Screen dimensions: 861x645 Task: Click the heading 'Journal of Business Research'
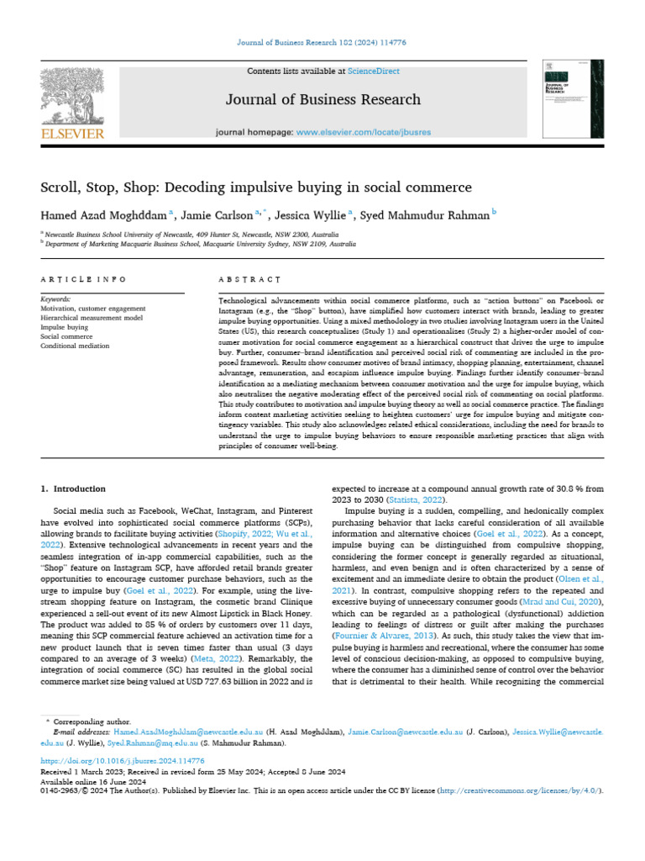coord(323,100)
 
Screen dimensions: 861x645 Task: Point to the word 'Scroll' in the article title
coord(60,187)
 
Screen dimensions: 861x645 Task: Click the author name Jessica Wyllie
coord(317,215)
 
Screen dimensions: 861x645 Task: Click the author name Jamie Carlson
coord(225,215)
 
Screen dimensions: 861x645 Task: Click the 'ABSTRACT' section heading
coord(249,278)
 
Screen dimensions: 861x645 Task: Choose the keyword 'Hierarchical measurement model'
coord(92,317)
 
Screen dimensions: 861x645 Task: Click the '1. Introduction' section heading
coord(74,489)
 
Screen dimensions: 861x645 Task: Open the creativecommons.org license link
coord(513,792)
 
